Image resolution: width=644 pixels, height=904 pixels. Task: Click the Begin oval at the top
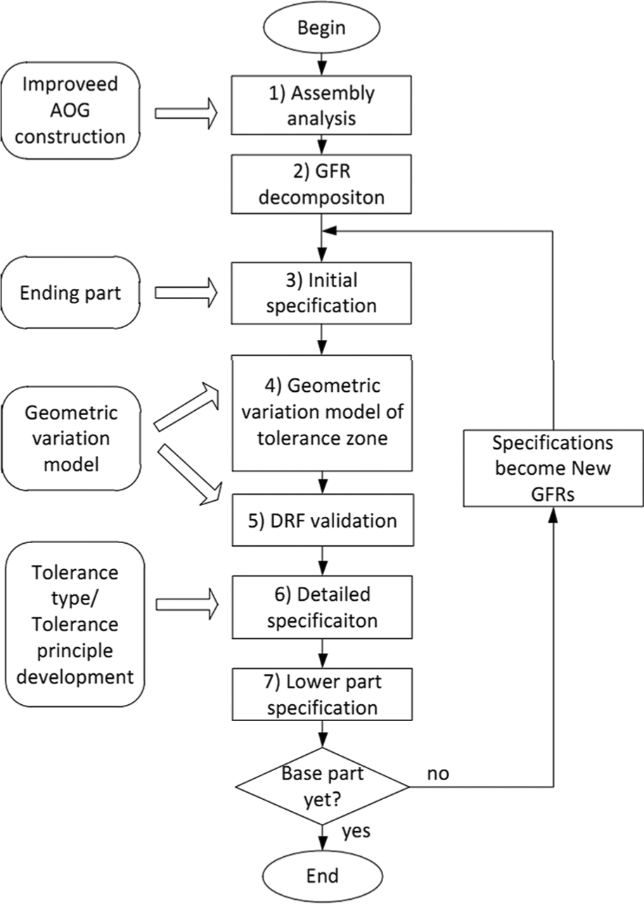pos(321,28)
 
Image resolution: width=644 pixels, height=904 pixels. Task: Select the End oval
pos(322,876)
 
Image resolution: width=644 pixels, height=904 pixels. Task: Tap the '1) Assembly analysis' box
pos(321,105)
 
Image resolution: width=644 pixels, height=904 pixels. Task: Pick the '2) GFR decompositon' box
pos(321,184)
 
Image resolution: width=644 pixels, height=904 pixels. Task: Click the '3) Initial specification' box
pos(321,293)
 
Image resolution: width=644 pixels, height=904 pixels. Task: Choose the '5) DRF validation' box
pos(323,521)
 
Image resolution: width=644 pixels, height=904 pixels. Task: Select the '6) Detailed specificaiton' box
pos(322,607)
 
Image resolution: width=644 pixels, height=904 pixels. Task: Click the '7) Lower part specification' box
pos(322,694)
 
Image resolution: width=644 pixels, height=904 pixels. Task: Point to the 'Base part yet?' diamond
pos(322,786)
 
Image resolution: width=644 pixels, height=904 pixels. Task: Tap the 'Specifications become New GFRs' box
pos(553,468)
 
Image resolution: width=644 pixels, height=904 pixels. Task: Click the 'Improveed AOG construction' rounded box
pos(70,110)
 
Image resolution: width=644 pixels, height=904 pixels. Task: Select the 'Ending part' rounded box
pos(70,293)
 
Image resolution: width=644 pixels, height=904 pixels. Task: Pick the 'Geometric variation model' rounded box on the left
pos(72,439)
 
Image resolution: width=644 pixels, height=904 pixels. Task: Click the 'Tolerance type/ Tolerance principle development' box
pos(75,624)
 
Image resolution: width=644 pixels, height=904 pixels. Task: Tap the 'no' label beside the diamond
pos(438,773)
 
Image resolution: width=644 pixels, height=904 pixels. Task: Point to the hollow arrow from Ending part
pos(186,293)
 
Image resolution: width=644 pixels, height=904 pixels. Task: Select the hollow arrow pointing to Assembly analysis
pos(186,113)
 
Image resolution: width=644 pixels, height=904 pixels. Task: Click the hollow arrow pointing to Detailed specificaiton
pos(187,604)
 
